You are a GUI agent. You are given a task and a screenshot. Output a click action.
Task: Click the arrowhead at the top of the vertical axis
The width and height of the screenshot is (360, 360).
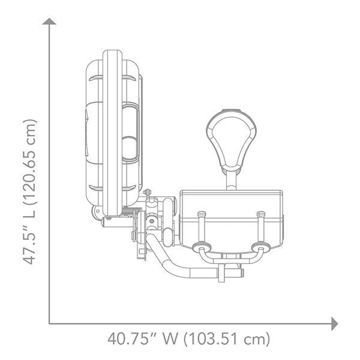[x=49, y=22]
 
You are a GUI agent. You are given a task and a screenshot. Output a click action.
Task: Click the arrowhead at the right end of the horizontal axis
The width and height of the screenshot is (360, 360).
[x=335, y=324]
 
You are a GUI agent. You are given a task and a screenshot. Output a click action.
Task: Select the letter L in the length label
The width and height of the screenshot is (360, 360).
[x=30, y=214]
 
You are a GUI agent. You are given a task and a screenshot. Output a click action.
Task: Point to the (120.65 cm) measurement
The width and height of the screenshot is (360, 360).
[x=30, y=162]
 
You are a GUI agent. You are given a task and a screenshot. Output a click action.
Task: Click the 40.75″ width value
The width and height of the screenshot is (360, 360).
[x=128, y=339]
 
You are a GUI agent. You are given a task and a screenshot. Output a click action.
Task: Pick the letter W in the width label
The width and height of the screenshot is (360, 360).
[x=170, y=339]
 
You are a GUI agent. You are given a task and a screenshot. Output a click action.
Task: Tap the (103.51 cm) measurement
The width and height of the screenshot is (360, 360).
[x=227, y=339]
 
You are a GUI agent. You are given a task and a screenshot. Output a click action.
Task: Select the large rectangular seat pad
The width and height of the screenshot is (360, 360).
[x=231, y=221]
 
